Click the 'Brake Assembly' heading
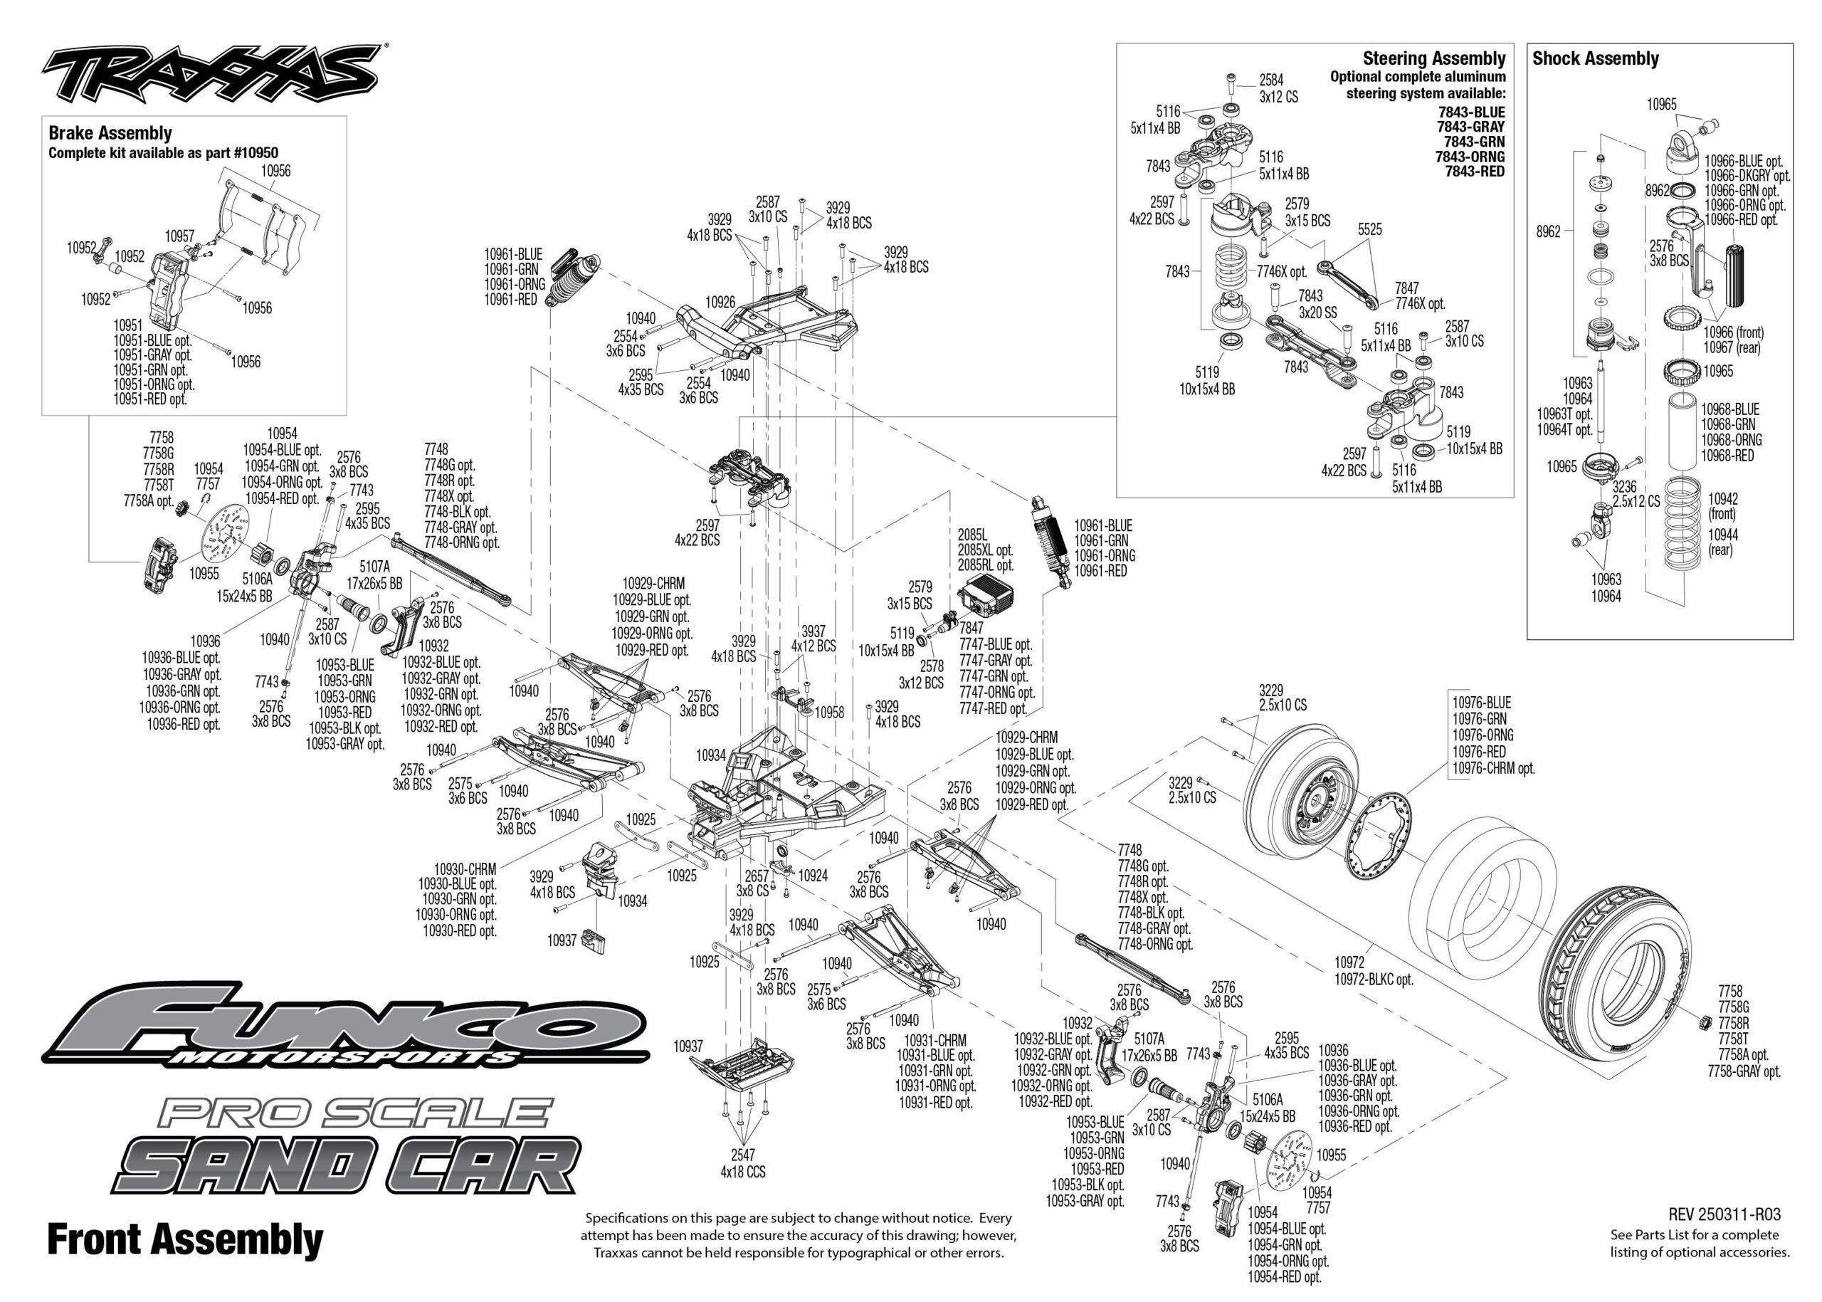(110, 133)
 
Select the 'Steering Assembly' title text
(1434, 58)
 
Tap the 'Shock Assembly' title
(1595, 58)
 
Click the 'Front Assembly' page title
(185, 1239)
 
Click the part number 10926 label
(720, 303)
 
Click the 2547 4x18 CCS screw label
(742, 1163)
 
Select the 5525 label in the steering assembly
(1370, 229)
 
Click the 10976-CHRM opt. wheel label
(1493, 768)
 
